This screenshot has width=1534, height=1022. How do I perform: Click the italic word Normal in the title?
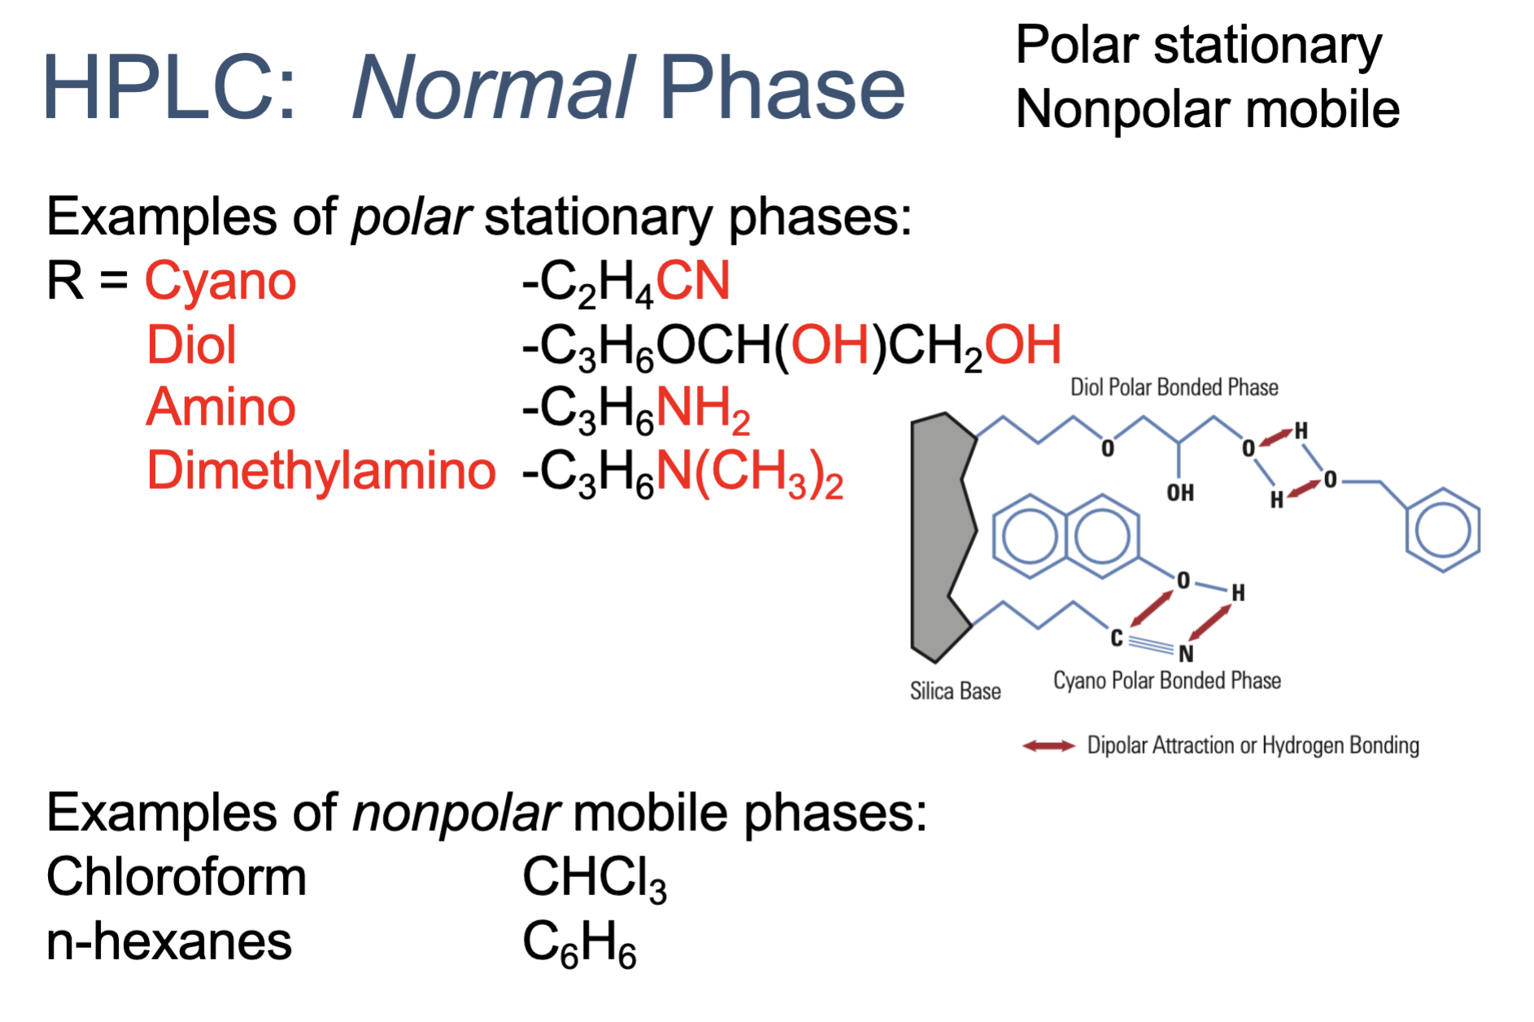[x=493, y=88]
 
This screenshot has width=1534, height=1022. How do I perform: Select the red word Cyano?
[x=220, y=282]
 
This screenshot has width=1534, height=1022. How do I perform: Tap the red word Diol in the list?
[x=191, y=345]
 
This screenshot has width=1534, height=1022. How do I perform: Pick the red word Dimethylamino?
[x=320, y=471]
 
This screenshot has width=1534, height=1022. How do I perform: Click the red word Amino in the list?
[x=220, y=408]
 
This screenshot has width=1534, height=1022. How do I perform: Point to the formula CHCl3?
[x=594, y=879]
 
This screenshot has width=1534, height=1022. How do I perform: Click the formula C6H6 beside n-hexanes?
[x=578, y=944]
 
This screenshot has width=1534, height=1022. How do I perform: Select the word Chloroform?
[x=176, y=877]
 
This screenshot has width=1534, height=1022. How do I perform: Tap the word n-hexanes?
[x=169, y=941]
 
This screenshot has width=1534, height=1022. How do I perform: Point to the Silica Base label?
[x=955, y=692]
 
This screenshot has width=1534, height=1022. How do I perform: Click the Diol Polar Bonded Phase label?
[x=1174, y=387]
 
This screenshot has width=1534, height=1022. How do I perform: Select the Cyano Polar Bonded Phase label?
[x=1166, y=681]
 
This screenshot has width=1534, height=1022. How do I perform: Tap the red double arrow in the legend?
[x=1048, y=745]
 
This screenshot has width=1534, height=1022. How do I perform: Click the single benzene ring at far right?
[x=1443, y=531]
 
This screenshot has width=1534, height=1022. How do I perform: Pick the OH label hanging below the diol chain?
[x=1180, y=492]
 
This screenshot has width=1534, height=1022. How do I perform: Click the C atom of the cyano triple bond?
[x=1117, y=639]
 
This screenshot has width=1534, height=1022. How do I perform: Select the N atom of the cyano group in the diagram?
[x=1186, y=653]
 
